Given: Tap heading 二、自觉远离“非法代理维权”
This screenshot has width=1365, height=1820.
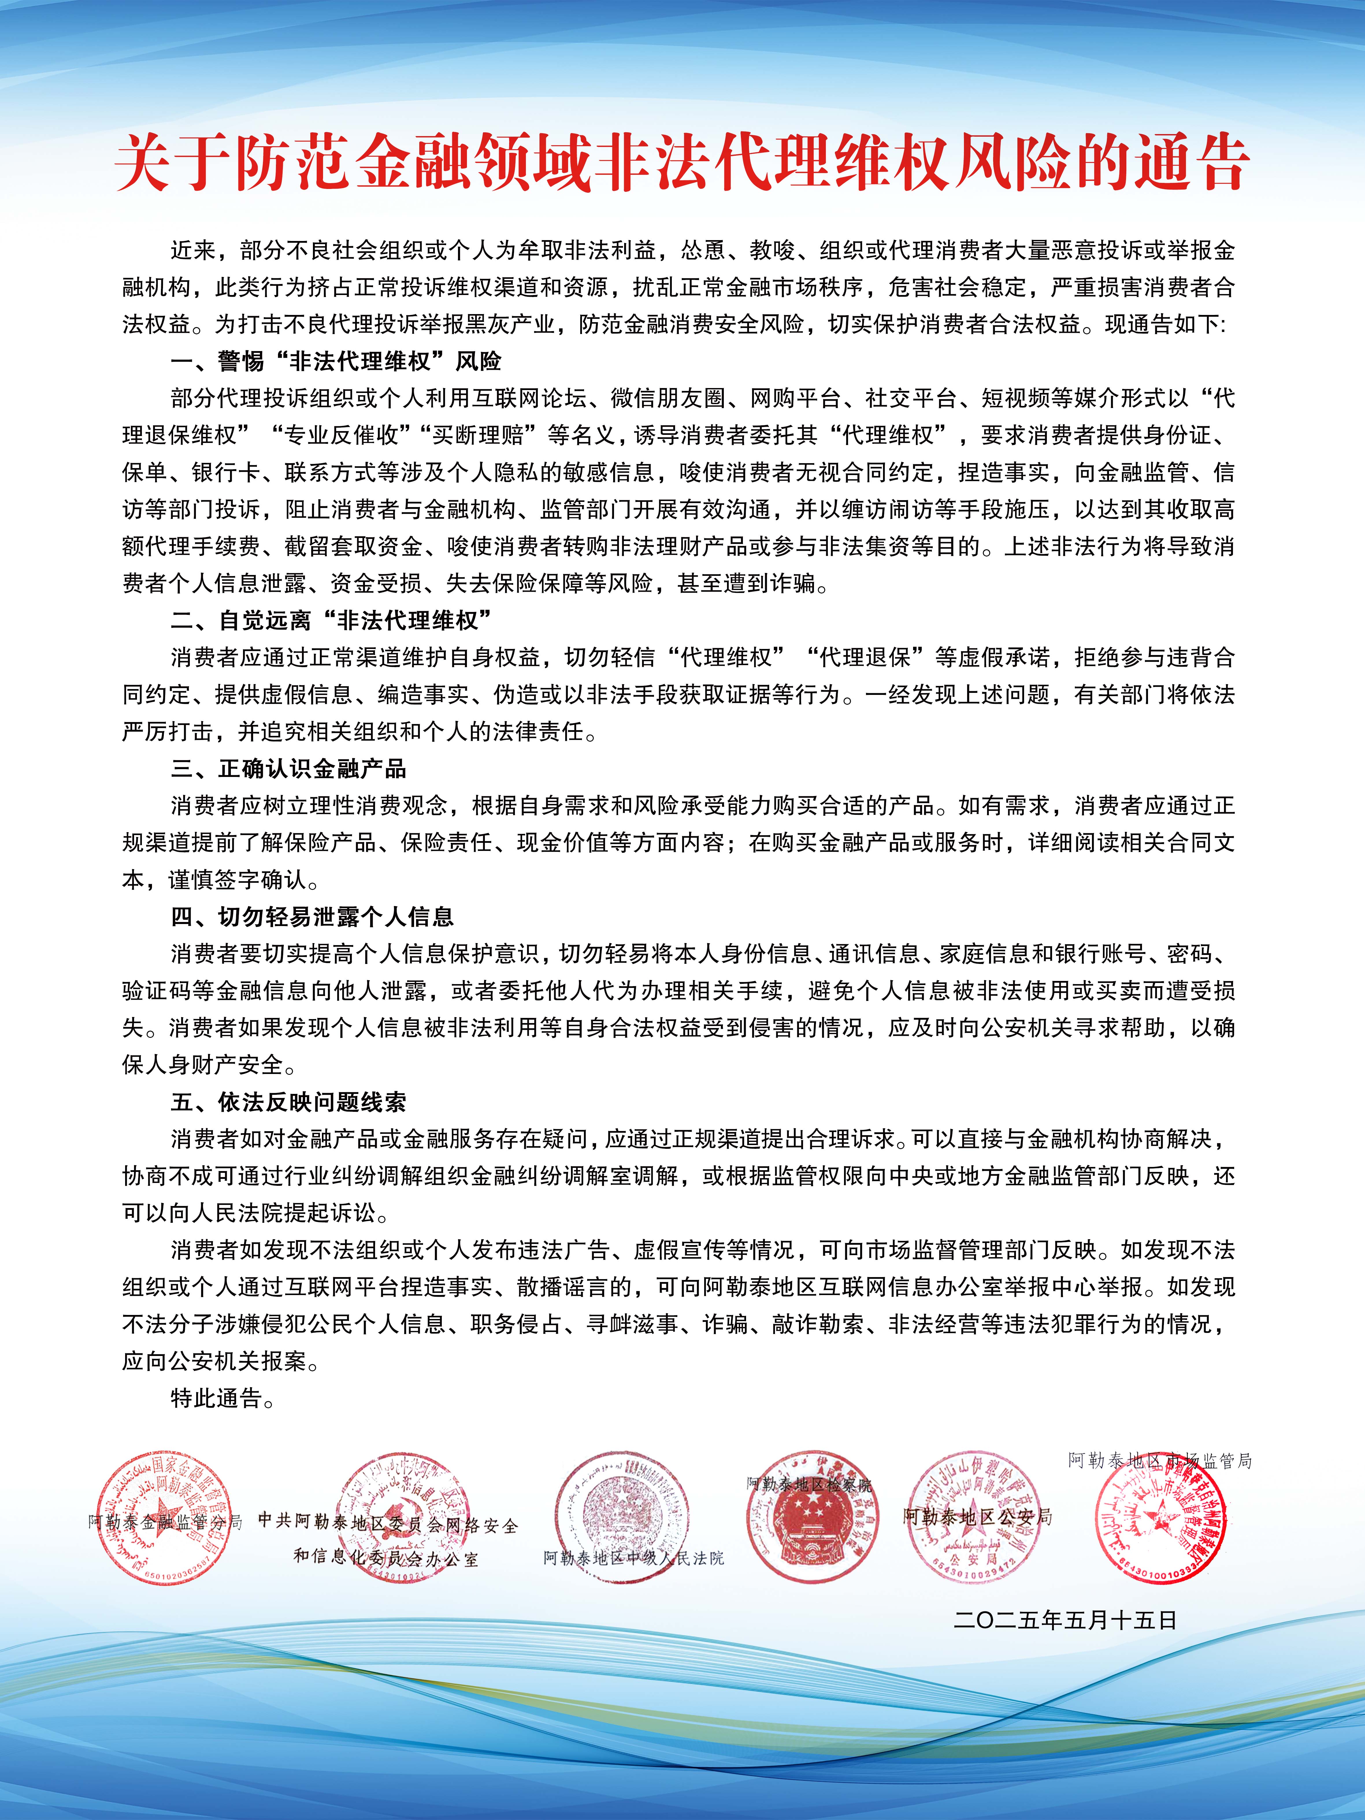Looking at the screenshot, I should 331,620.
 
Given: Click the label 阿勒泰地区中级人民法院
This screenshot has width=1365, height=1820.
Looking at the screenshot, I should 634,1558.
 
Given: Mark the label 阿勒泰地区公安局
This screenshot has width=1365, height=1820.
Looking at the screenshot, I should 978,1516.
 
